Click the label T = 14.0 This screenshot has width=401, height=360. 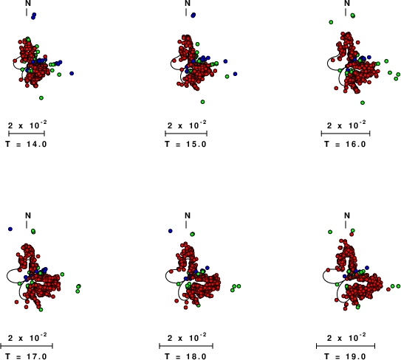click(26, 144)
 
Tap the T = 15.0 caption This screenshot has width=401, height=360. click(185, 144)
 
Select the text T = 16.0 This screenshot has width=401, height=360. click(345, 144)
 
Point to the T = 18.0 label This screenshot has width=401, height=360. click(185, 356)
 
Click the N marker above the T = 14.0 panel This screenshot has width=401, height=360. click(28, 3)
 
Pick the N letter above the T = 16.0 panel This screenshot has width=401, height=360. click(347, 3)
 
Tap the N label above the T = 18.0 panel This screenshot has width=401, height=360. click(188, 215)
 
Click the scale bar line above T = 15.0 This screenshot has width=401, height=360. click(186, 134)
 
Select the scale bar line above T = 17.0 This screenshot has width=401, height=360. click(27, 346)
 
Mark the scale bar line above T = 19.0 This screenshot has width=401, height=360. click(346, 346)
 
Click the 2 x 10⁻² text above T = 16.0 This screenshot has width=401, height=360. click(346, 125)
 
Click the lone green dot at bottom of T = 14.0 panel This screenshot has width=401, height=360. click(41, 98)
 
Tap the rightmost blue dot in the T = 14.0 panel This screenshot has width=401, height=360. click(72, 73)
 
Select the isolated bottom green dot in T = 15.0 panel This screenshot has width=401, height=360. click(202, 102)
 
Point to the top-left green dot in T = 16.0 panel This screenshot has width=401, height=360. click(331, 22)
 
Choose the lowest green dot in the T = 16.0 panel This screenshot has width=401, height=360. click(363, 103)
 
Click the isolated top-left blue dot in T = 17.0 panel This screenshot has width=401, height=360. click(10, 229)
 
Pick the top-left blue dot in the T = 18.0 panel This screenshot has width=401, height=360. click(171, 231)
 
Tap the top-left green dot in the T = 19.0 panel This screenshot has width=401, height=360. click(330, 232)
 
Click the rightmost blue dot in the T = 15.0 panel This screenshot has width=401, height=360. click(235, 74)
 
